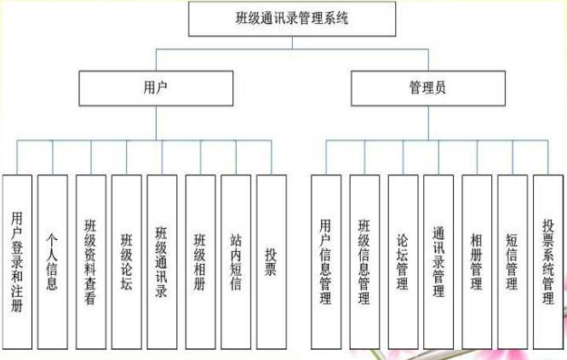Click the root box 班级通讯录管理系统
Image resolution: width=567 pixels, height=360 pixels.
coord(291,19)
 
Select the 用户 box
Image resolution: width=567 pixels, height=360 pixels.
coord(156,88)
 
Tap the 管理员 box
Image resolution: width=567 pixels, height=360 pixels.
coord(427,88)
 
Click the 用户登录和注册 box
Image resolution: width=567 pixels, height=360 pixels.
coord(17,261)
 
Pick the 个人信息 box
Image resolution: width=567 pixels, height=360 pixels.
coord(53,261)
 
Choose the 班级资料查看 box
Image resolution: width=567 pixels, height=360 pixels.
coord(90,261)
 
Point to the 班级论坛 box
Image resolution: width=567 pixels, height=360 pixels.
coord(126,261)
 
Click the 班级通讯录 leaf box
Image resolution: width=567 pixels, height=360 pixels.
coord(162,261)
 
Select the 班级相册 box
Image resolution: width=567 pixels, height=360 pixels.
coord(200,261)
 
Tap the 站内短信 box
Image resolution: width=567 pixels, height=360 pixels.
coord(236,261)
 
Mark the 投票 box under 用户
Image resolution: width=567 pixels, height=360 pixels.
coord(271,261)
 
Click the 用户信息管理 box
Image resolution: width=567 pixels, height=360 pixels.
coord(325,261)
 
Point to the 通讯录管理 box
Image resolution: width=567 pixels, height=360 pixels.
coord(438,261)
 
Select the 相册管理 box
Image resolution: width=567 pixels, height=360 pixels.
coord(477,261)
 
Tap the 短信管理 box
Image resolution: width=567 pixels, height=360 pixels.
coord(513,261)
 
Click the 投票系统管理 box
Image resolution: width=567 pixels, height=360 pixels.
coord(549,261)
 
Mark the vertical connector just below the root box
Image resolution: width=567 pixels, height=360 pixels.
coord(292,43)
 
